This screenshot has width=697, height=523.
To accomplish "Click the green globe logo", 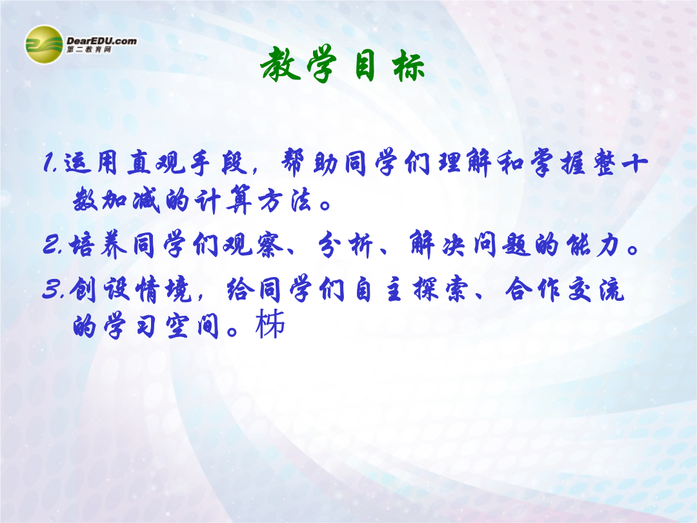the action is [44, 45].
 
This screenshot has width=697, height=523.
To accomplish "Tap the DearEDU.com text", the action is [102, 41].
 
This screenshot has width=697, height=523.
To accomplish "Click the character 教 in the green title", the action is [281, 65].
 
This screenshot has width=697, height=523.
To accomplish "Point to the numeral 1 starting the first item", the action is [49, 162].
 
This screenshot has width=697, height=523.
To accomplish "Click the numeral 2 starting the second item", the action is [51, 245].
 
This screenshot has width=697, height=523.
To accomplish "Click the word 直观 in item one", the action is [156, 162].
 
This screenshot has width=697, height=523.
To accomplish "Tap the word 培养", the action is [99, 245].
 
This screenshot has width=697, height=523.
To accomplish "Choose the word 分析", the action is [345, 245].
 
